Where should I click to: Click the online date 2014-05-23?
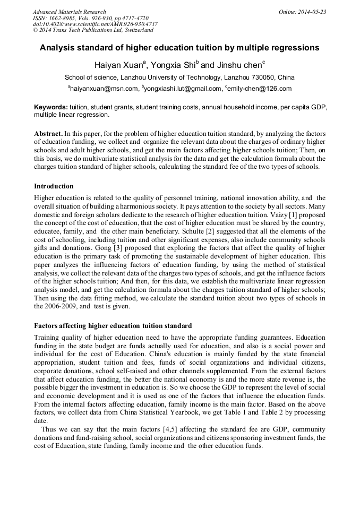pyautogui.click(x=313, y=12)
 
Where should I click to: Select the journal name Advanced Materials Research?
pyautogui.click(x=69, y=12)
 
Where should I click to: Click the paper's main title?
pyautogui.click(x=179, y=48)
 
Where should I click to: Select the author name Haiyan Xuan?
pyautogui.click(x=117, y=66)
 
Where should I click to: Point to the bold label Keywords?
pyautogui.click(x=50, y=107)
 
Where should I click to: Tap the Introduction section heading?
pyautogui.click(x=54, y=186)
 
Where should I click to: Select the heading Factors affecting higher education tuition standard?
pyautogui.click(x=113, y=325)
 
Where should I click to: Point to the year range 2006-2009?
pyautogui.click(x=59, y=306)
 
